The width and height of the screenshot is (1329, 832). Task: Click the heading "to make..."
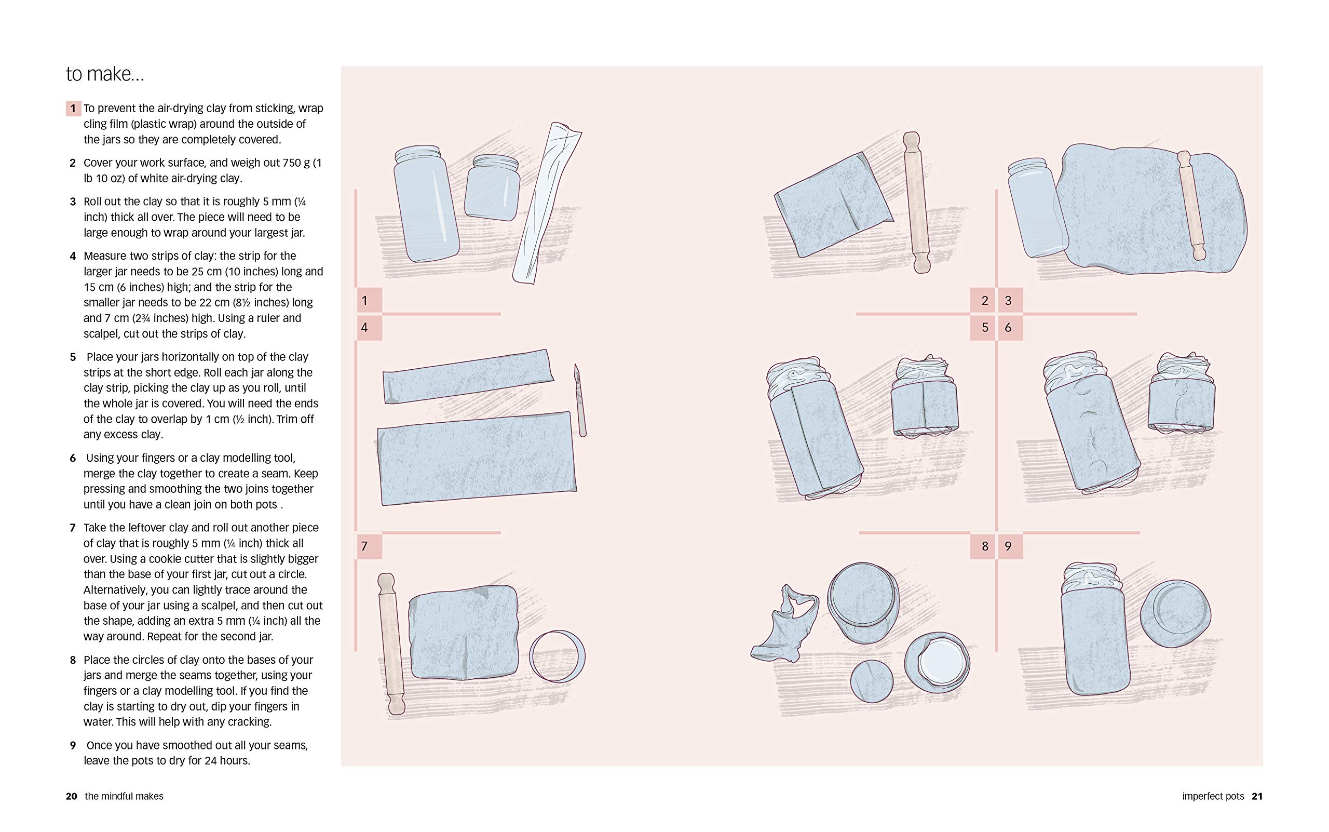click(105, 74)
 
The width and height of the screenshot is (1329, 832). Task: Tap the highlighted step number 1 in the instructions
click(73, 109)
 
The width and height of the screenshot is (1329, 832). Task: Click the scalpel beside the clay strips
click(580, 400)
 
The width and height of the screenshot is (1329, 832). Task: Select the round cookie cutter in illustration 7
click(557, 656)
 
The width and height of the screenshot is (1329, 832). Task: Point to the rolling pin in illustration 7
click(391, 644)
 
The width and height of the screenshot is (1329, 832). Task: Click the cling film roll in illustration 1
click(546, 203)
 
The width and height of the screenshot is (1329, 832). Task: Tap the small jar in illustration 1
click(492, 187)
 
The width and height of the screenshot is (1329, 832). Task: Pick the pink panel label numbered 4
click(369, 328)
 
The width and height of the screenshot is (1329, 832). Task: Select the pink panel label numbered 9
click(1010, 546)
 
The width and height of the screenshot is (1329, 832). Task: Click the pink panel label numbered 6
click(1010, 328)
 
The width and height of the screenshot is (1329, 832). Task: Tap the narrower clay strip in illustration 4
click(468, 376)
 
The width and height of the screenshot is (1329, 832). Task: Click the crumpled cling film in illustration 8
click(784, 625)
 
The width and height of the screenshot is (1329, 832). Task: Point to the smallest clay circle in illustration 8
click(872, 681)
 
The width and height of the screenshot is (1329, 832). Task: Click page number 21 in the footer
click(1257, 796)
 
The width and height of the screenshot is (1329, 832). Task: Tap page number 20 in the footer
click(72, 796)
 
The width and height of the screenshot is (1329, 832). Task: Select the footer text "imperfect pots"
click(1213, 797)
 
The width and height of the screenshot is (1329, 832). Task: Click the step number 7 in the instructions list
click(73, 528)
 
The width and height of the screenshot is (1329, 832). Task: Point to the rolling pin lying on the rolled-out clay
click(1191, 205)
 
